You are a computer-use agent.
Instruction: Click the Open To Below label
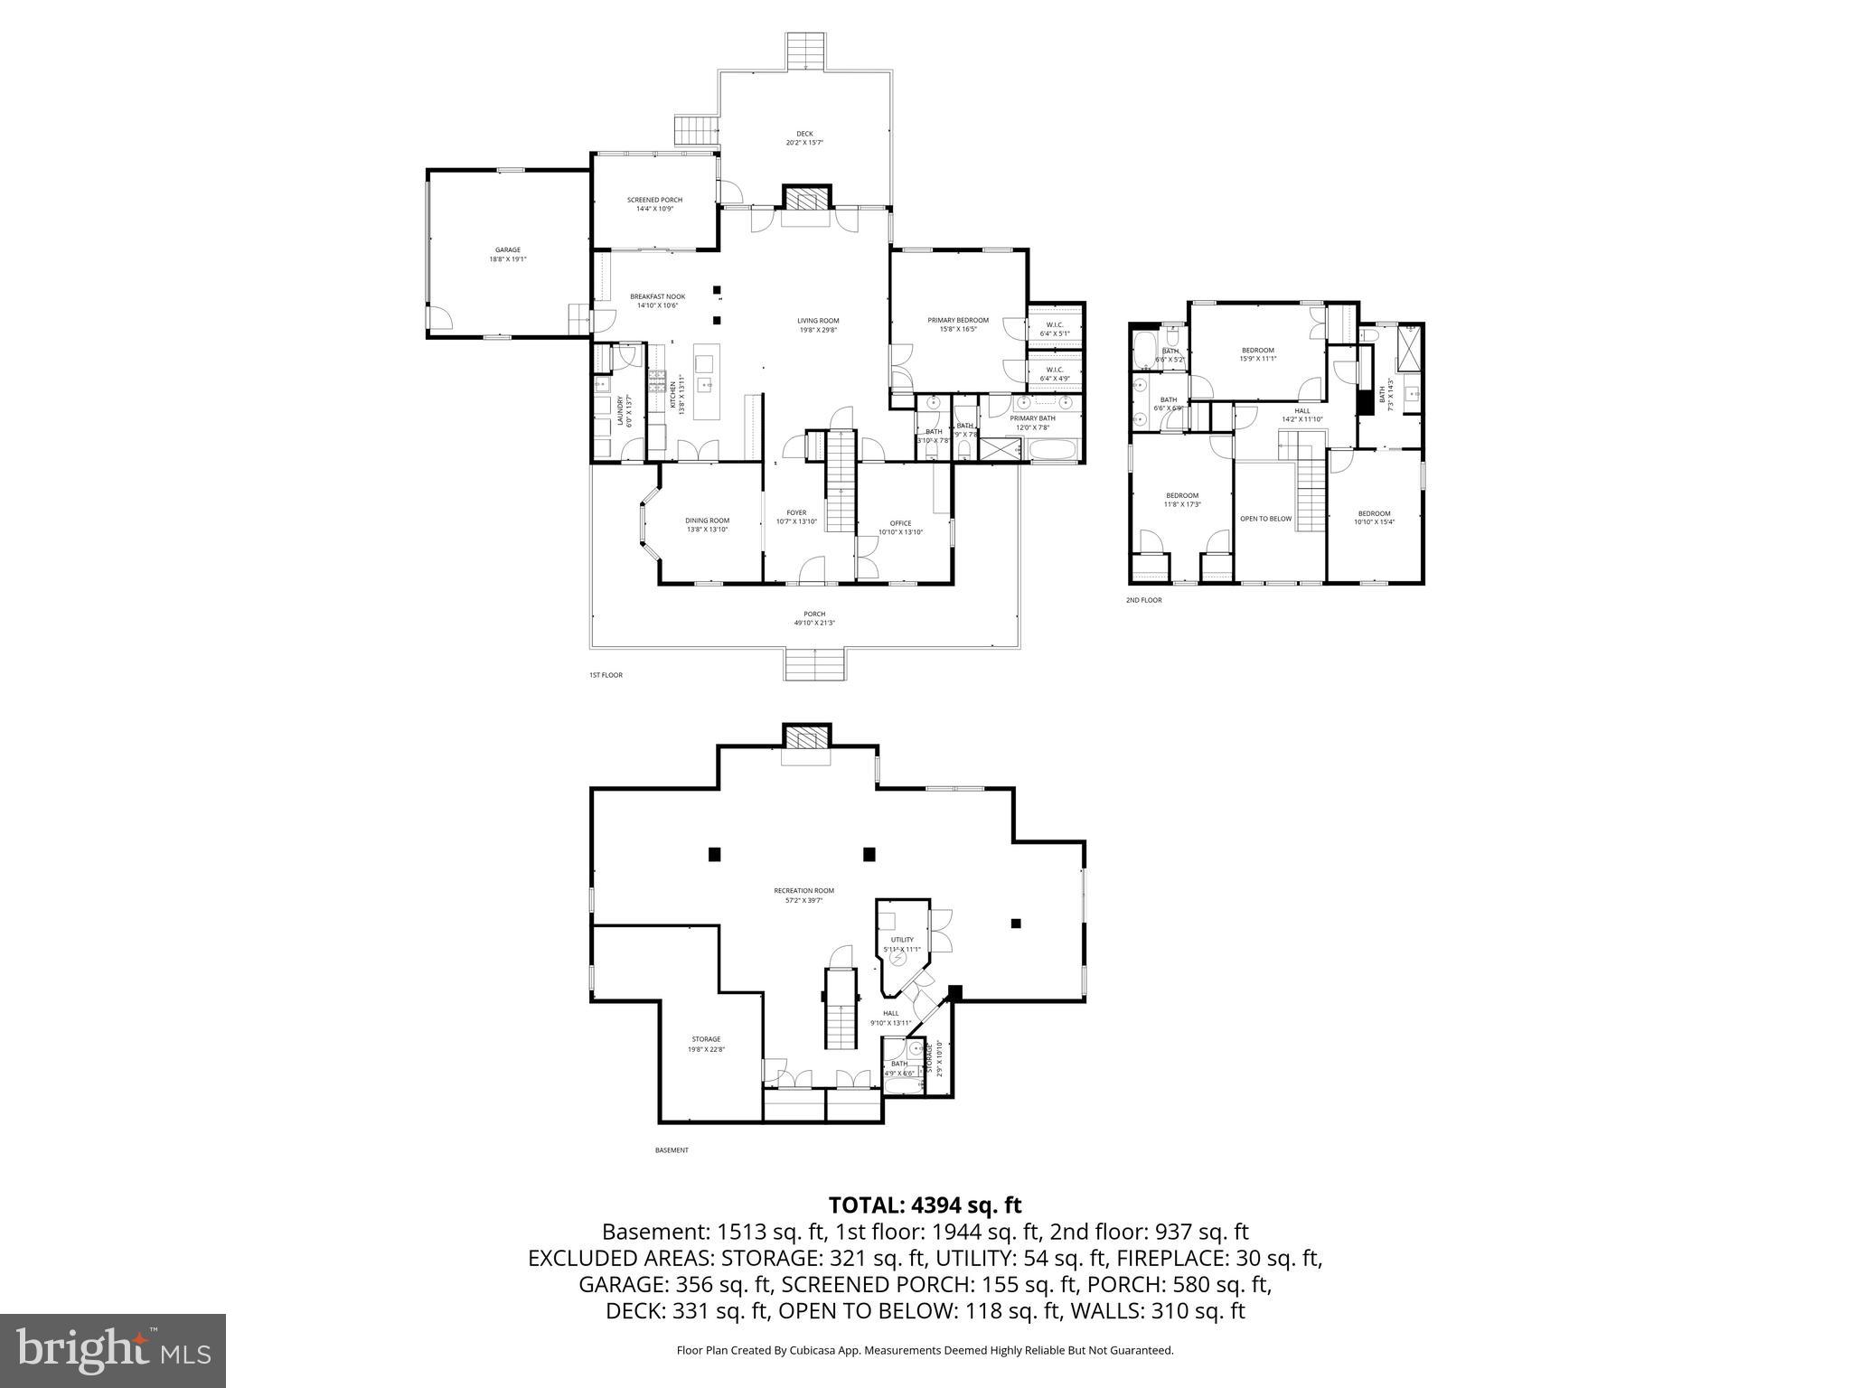click(1265, 519)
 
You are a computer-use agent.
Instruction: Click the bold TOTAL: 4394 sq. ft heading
click(925, 1205)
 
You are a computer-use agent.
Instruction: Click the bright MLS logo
click(113, 1350)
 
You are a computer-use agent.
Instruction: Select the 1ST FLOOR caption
click(606, 675)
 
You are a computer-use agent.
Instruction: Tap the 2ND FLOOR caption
click(1143, 600)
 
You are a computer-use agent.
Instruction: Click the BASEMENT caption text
click(672, 1150)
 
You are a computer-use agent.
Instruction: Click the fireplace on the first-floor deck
click(805, 199)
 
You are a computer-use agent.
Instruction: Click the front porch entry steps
click(815, 665)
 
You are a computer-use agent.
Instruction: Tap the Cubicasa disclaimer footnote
click(925, 1350)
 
